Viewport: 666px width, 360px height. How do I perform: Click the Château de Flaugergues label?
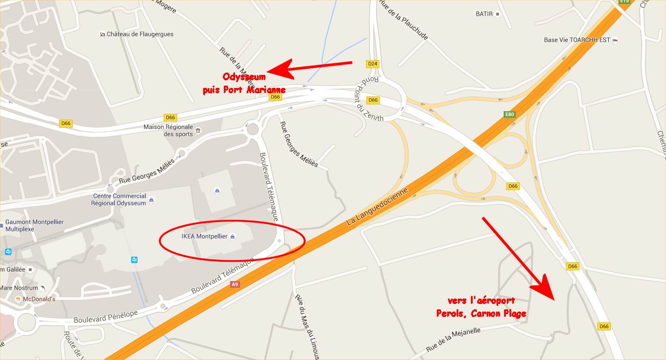140,34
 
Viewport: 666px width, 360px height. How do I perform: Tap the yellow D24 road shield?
372,64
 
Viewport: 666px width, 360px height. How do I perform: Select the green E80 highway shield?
509,114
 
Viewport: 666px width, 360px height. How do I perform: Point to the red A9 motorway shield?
235,284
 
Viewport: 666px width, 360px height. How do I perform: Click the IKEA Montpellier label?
205,236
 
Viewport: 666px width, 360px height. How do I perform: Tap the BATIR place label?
484,14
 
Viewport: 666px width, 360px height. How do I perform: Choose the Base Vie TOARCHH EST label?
577,40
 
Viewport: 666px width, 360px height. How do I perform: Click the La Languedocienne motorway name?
377,207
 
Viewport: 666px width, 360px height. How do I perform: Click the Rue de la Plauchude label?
403,20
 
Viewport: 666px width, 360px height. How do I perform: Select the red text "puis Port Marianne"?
244,90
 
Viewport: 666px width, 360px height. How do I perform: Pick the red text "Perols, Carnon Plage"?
481,313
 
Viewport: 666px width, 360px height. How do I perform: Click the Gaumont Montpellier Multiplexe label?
35,226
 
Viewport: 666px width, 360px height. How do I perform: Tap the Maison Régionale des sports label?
168,130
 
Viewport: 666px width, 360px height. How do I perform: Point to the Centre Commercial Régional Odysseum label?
119,200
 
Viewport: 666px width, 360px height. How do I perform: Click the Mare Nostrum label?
19,288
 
